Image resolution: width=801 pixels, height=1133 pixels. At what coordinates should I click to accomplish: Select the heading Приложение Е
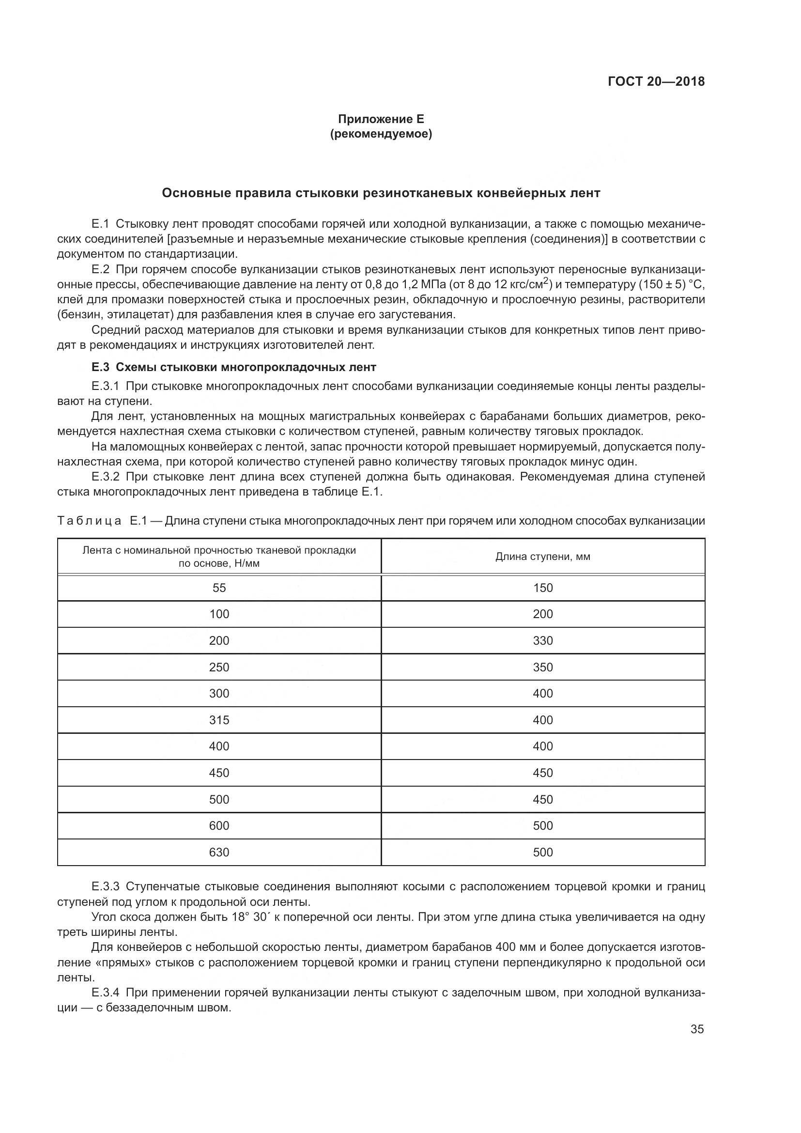click(x=381, y=119)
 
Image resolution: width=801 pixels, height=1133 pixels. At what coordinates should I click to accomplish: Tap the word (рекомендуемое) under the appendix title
click(x=381, y=134)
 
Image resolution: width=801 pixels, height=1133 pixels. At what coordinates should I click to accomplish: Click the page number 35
click(x=697, y=1029)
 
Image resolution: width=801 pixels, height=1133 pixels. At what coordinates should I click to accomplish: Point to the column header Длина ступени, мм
click(x=542, y=557)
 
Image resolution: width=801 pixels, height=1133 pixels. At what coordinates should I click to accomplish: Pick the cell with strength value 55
click(x=219, y=588)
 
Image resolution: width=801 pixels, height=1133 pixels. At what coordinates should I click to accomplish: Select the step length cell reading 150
click(x=542, y=588)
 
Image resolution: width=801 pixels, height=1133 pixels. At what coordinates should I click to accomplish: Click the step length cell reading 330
click(x=542, y=640)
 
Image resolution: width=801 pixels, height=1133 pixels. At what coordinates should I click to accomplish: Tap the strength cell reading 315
click(x=219, y=720)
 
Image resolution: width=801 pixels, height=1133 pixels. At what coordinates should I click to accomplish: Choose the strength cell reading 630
click(x=219, y=852)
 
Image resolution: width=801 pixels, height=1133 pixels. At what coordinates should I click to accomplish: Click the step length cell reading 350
click(x=542, y=667)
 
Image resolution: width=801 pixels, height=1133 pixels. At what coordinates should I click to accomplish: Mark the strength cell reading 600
click(x=219, y=825)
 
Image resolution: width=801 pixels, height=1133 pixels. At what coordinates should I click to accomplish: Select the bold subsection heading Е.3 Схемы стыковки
click(x=234, y=367)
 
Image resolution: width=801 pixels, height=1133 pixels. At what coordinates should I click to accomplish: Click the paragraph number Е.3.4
click(x=105, y=993)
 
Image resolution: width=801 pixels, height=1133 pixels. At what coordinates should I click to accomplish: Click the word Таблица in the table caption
click(x=89, y=521)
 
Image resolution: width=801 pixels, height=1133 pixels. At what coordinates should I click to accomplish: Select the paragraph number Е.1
click(x=100, y=224)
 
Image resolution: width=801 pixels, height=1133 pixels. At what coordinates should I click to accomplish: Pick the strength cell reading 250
click(x=219, y=667)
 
